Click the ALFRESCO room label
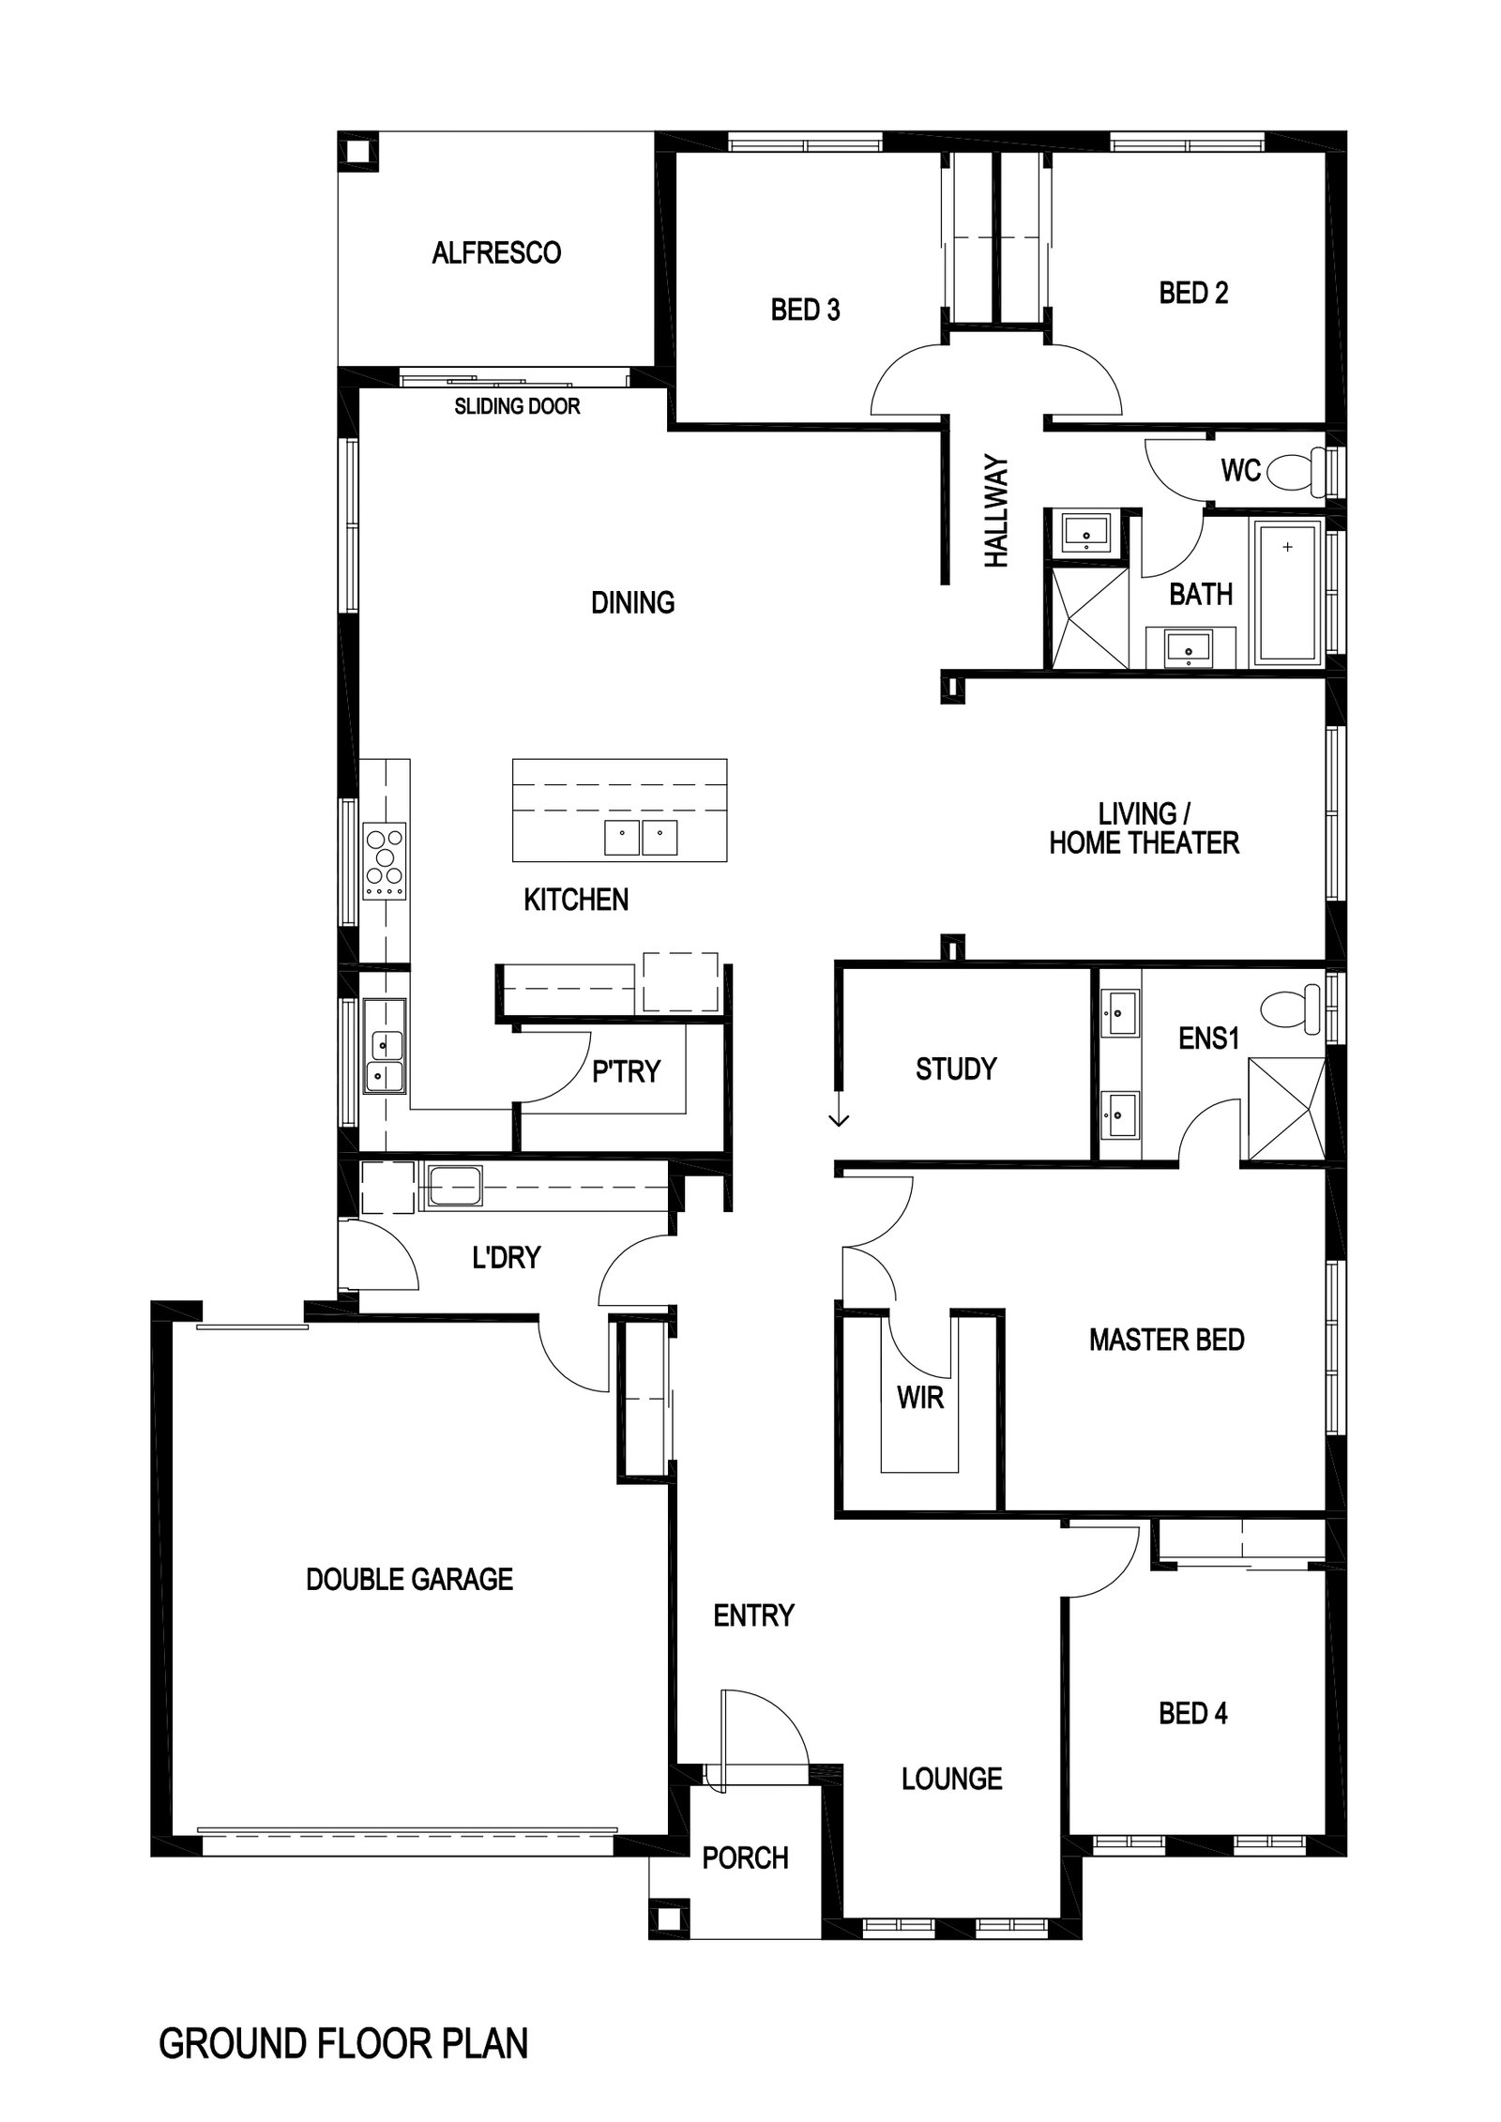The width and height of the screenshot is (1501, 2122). pos(496,252)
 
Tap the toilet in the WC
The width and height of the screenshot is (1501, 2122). pos(1298,470)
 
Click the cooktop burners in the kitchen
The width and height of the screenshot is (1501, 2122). pos(385,859)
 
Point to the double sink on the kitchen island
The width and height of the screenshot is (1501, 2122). pos(641,837)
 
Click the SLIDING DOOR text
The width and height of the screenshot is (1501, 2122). pos(517,406)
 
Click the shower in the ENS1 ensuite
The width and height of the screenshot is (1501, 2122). pos(1285,1111)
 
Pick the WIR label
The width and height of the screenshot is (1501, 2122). pos(920,1398)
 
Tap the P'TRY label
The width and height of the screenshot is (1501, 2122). pos(626,1071)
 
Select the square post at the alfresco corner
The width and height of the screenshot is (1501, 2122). pos(358,151)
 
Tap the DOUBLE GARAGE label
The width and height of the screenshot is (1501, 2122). pos(410,1579)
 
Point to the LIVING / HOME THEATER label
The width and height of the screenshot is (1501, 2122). pos(1144,827)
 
